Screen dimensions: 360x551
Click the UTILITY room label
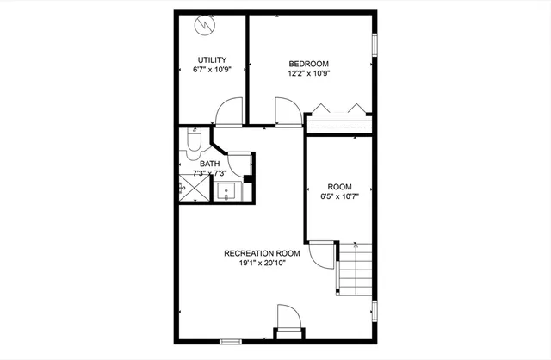(x=211, y=59)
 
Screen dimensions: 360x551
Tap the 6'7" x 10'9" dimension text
(x=211, y=70)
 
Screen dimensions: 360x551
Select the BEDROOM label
(x=309, y=63)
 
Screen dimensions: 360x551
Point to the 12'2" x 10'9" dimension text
(x=309, y=73)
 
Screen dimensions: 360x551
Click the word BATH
(x=210, y=164)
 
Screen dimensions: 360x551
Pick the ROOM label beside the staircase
(x=339, y=187)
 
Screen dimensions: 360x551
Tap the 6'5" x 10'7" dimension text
(x=339, y=197)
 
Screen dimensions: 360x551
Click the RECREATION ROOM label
(x=262, y=253)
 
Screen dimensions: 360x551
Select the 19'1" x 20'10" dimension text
(x=262, y=264)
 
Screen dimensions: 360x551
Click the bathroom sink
(x=228, y=192)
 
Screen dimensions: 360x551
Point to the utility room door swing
(x=229, y=112)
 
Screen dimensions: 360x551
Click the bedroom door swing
(x=287, y=112)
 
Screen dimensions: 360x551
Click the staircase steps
(x=355, y=268)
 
